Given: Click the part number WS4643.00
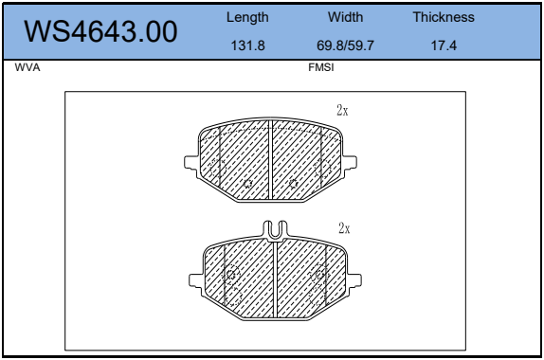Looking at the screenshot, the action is [100, 31].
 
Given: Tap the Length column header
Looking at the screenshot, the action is [247, 17].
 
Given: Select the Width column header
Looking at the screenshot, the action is [346, 17].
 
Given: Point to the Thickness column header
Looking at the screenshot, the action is [444, 17].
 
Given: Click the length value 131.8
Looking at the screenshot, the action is [247, 45].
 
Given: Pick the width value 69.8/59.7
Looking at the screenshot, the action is [345, 45].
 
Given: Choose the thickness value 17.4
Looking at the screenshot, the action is [444, 45].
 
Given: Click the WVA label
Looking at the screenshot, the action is [27, 67].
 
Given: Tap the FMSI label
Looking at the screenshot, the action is [321, 67].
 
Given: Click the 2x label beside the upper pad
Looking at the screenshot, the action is [342, 110].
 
